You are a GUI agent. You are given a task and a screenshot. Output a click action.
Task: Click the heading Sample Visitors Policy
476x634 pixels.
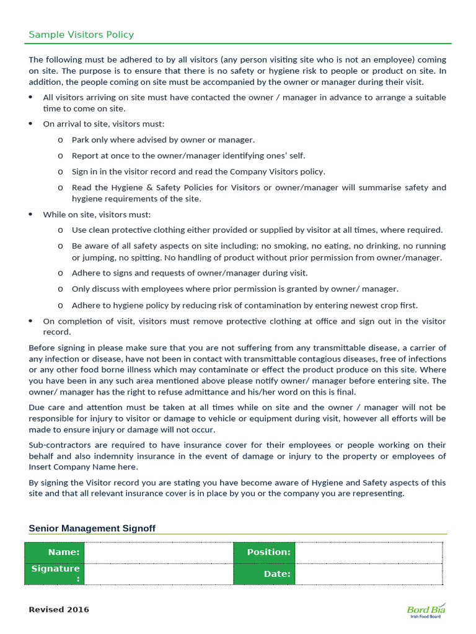[81, 35]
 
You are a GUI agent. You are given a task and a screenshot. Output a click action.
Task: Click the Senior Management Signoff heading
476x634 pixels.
[92, 528]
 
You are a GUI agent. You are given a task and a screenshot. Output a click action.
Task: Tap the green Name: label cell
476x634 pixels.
[55, 552]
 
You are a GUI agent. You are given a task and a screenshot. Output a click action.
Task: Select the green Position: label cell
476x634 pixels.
[264, 552]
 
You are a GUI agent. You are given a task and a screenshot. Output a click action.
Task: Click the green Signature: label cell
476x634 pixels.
[55, 574]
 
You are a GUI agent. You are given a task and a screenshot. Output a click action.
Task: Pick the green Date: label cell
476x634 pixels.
[264, 574]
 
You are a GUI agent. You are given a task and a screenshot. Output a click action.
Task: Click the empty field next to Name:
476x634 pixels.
[158, 552]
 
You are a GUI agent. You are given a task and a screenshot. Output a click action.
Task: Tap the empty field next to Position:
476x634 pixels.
[369, 552]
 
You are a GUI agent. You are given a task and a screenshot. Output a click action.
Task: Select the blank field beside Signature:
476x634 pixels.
[158, 574]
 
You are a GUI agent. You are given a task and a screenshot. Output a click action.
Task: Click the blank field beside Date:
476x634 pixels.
[369, 574]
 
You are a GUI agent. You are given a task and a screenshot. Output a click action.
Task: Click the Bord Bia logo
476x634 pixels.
[426, 610]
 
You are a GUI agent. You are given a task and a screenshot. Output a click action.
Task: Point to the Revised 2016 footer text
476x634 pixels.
[59, 610]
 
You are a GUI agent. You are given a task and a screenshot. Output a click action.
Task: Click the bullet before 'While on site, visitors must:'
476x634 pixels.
[32, 214]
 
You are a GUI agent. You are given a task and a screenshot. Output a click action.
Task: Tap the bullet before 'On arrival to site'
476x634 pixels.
[32, 124]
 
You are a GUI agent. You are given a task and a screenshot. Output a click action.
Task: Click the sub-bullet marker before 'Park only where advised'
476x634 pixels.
[60, 141]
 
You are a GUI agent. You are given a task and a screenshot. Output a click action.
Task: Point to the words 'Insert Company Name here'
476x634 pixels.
[83, 467]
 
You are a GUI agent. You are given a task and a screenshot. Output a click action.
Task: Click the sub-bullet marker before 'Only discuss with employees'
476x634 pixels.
[60, 289]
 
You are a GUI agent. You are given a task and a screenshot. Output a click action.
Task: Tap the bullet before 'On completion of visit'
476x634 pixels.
[32, 321]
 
